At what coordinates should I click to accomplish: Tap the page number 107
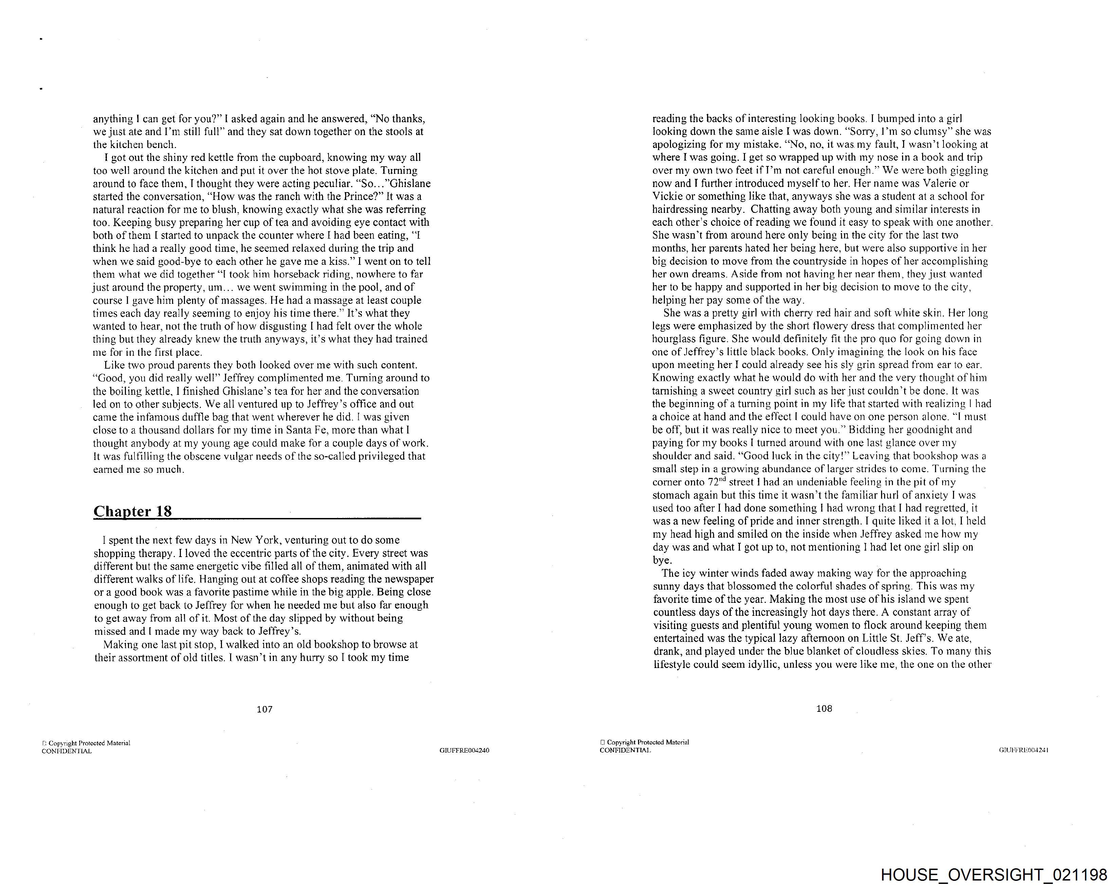point(264,709)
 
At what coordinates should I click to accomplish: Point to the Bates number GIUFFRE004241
point(1023,750)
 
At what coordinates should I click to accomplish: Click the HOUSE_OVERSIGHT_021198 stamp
point(994,875)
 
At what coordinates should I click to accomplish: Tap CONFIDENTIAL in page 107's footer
point(67,751)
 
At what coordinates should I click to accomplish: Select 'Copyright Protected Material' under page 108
point(647,742)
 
